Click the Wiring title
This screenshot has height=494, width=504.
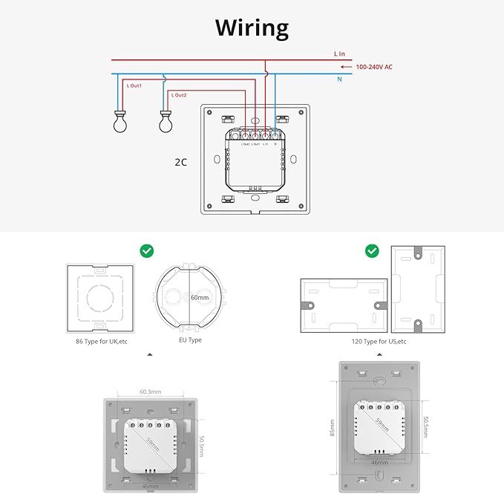click(252, 28)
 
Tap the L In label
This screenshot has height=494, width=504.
click(340, 54)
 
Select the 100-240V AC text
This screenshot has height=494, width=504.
click(374, 67)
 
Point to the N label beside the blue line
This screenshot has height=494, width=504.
click(338, 78)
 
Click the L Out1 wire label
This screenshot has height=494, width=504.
click(134, 86)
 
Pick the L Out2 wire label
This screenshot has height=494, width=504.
click(179, 95)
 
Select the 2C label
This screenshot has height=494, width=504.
click(180, 160)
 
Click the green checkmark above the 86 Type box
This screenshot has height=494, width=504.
click(147, 251)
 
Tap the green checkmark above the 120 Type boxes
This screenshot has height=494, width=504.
click(372, 251)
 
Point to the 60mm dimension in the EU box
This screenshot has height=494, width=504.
click(198, 297)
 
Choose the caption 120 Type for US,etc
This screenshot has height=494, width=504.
click(379, 341)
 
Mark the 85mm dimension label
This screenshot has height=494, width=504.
click(332, 428)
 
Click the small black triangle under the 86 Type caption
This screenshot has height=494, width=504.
click(150, 355)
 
